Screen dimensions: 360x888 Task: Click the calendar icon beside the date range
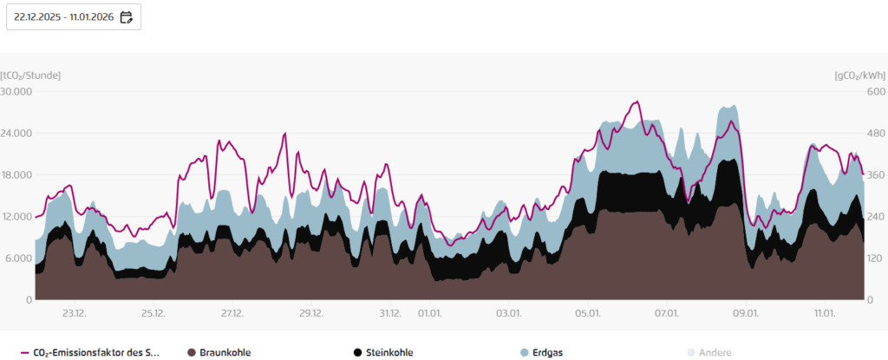pyautogui.click(x=127, y=16)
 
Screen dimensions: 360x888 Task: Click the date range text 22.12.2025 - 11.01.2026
pyautogui.click(x=64, y=16)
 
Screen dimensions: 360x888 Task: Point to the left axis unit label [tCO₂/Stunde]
pyautogui.click(x=30, y=75)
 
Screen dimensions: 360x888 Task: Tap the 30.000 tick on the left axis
pyautogui.click(x=16, y=91)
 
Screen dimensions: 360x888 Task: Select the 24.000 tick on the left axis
pyautogui.click(x=16, y=133)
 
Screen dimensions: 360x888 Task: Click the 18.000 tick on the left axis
pyautogui.click(x=16, y=174)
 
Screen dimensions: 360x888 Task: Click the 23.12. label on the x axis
pyautogui.click(x=74, y=313)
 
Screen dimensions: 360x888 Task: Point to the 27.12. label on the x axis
pyautogui.click(x=232, y=313)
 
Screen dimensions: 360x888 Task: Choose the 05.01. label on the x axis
pyautogui.click(x=588, y=313)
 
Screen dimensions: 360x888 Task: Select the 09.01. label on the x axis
pyautogui.click(x=746, y=313)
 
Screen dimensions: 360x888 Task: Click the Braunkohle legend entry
pyautogui.click(x=219, y=352)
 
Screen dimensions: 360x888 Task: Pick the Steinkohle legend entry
pyautogui.click(x=383, y=352)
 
